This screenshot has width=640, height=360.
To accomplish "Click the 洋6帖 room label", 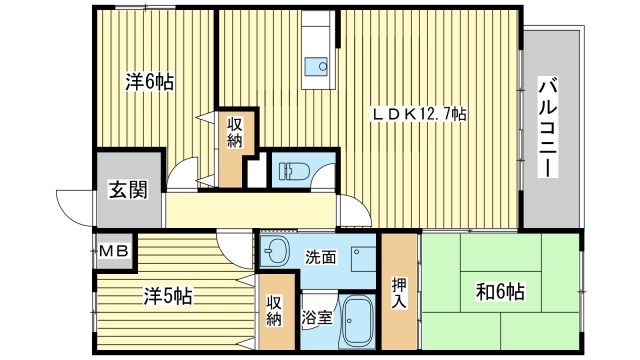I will (x=149, y=81).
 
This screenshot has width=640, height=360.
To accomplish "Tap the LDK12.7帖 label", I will (x=420, y=115).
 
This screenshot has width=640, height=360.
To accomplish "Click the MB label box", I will (x=113, y=251).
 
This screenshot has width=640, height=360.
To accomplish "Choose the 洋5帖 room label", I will (x=167, y=297).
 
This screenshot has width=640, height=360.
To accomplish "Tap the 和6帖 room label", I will (x=500, y=293).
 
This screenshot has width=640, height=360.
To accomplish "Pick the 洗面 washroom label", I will (x=320, y=256).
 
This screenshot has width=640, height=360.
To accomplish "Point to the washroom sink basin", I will (x=276, y=250).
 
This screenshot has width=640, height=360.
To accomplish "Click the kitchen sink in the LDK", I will (x=321, y=66).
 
